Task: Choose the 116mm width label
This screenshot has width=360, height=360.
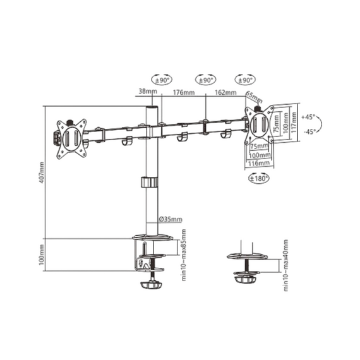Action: tap(256, 163)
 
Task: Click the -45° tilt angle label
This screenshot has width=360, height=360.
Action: tap(308, 132)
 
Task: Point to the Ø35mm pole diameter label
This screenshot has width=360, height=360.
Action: tap(171, 219)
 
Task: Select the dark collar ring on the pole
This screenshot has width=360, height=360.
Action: tap(149, 183)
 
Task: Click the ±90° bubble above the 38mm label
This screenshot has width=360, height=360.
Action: tap(162, 80)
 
